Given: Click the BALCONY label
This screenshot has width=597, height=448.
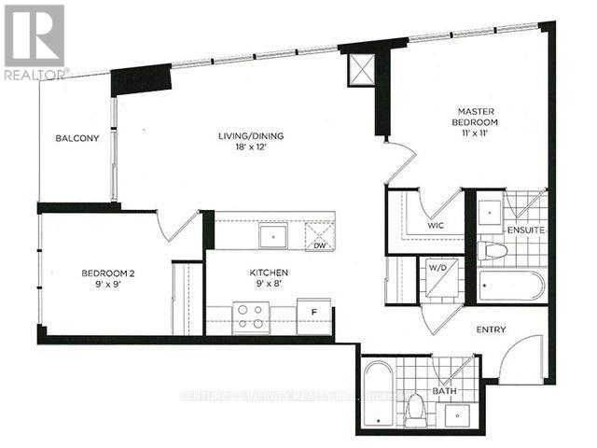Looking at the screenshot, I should point(76,139).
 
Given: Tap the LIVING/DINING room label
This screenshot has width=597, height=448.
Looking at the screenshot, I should point(245,136).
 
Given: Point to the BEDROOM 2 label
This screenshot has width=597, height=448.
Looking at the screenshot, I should point(108,273).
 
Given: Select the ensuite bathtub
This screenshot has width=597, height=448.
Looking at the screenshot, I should point(511,285).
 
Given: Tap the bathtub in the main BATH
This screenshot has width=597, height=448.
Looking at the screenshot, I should point(378,387).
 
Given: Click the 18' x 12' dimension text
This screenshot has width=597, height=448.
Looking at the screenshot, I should point(245,150).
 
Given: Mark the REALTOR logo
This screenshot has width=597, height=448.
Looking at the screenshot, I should point(35,41).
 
